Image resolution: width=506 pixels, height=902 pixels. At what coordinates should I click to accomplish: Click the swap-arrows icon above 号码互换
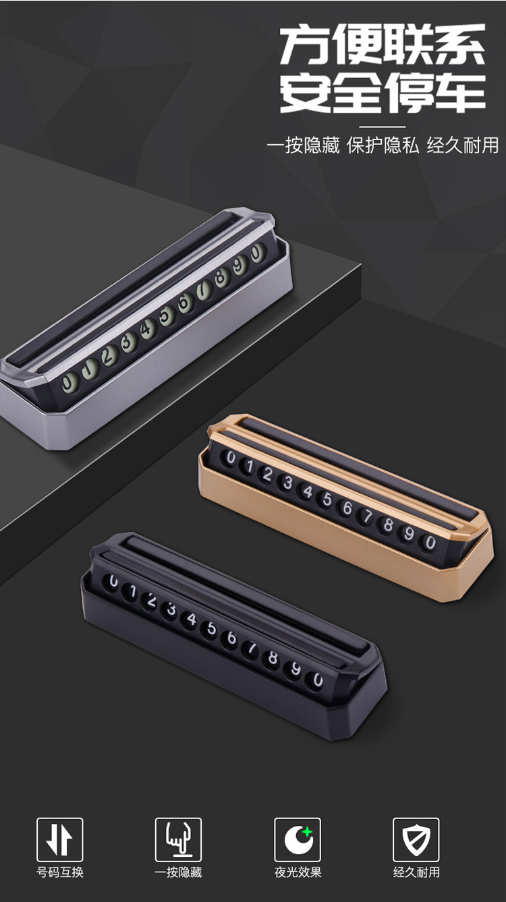click(59, 839)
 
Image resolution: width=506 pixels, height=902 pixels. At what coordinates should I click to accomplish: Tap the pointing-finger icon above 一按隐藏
click(178, 839)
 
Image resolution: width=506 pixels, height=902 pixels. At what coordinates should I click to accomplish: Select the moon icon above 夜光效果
click(298, 839)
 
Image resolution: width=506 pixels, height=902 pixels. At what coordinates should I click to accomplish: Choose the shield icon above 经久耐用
click(416, 839)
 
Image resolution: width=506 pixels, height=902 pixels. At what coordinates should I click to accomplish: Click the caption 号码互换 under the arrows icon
click(59, 872)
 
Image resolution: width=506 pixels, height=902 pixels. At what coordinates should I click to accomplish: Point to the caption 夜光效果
click(298, 872)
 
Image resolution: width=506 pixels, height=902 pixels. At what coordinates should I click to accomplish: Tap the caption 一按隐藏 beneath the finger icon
click(179, 872)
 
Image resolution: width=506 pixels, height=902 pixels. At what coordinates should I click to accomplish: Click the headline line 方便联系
click(383, 44)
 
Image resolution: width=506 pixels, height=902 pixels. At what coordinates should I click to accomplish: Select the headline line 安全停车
click(383, 93)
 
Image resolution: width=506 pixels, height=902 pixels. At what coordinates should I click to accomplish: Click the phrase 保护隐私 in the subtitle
click(383, 146)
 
